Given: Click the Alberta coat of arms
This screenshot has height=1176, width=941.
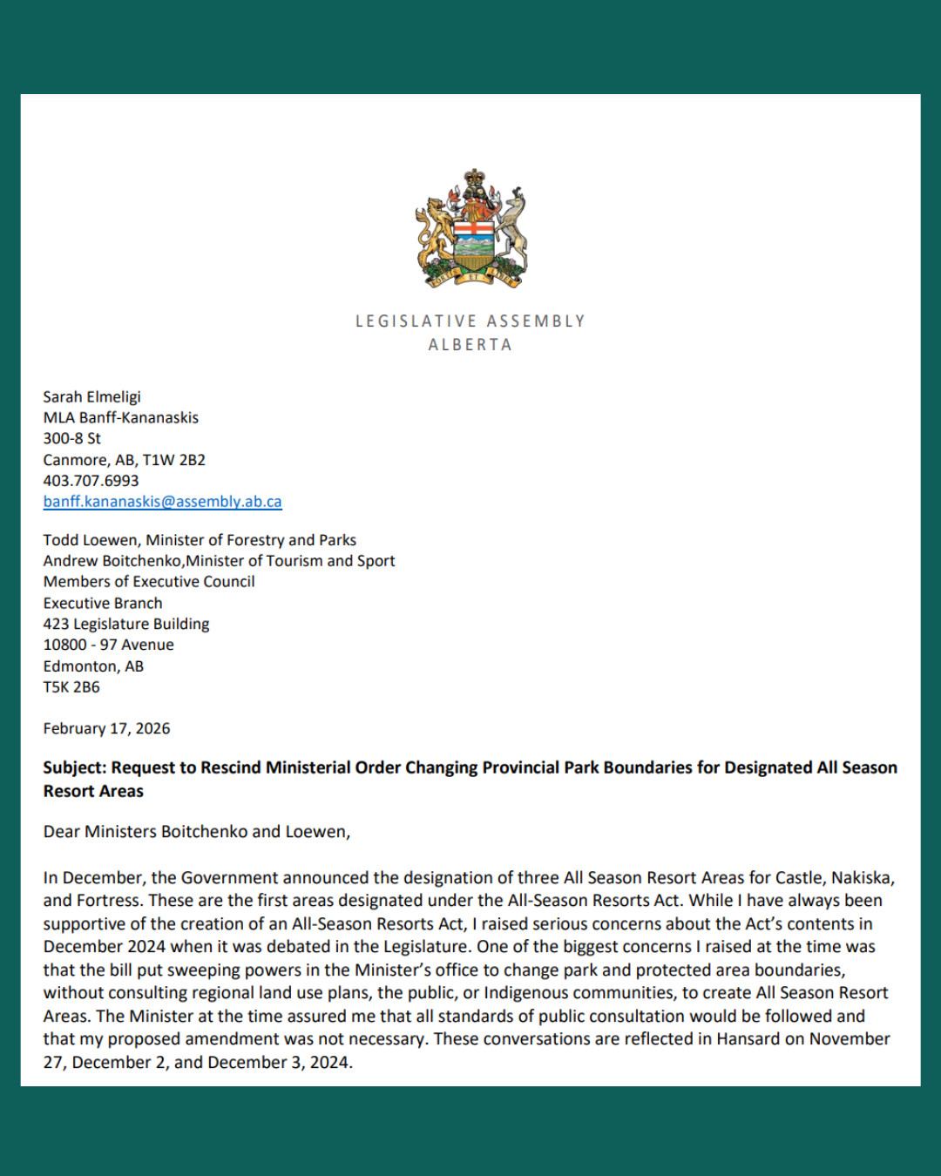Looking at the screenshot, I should coord(470,229).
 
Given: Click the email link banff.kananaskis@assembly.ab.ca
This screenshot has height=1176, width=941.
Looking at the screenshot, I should coord(163,502).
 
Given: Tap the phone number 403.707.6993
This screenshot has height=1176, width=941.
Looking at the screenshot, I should coord(91,481).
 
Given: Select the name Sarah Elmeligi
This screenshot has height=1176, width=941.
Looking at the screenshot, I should coord(92,397).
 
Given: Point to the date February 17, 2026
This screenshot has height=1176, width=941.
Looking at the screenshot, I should coord(107,729).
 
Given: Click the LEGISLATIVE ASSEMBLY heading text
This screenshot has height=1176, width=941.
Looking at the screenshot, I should coord(470,321).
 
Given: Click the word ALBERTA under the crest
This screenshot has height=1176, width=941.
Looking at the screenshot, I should coord(470,345).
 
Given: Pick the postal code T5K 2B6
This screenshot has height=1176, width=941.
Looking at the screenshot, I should coord(72,687).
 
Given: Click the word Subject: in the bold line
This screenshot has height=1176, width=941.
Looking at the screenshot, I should coord(75,768).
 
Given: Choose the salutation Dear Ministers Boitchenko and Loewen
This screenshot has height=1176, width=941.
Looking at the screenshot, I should coord(197,832).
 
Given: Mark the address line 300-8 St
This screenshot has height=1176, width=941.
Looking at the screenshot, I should coord(72,439).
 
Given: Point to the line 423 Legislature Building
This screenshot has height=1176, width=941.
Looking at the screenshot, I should coord(126,625).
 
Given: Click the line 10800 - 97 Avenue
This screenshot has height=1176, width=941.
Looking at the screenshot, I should coord(109,645).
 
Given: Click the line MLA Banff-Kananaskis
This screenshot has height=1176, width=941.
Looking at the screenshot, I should coord(121,418).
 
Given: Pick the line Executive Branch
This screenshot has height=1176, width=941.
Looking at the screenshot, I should coord(103,604).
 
